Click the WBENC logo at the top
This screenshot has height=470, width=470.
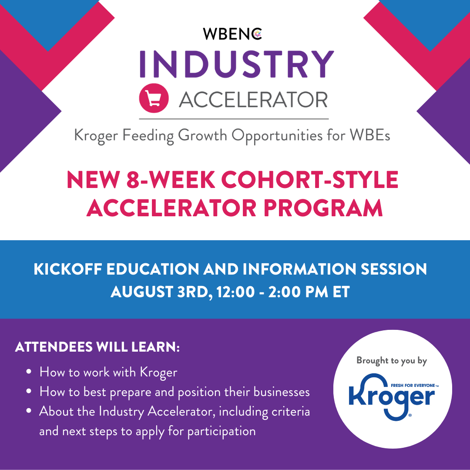[232, 34]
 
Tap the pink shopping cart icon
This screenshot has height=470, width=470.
[154, 98]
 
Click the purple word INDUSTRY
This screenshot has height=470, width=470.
[236, 64]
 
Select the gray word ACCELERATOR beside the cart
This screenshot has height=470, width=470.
[253, 100]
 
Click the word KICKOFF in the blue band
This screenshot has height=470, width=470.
[68, 269]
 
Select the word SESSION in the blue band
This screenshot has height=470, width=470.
[393, 269]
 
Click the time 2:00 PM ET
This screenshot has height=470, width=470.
[309, 292]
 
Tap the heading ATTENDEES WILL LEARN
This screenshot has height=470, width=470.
[97, 347]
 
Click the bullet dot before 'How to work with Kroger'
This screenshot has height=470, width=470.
[29, 372]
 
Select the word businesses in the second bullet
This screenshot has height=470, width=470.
[282, 392]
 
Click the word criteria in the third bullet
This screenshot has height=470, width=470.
[290, 411]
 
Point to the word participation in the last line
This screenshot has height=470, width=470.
[222, 431]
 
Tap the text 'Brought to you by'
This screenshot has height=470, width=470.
[392, 361]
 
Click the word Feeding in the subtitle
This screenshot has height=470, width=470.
[148, 136]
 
